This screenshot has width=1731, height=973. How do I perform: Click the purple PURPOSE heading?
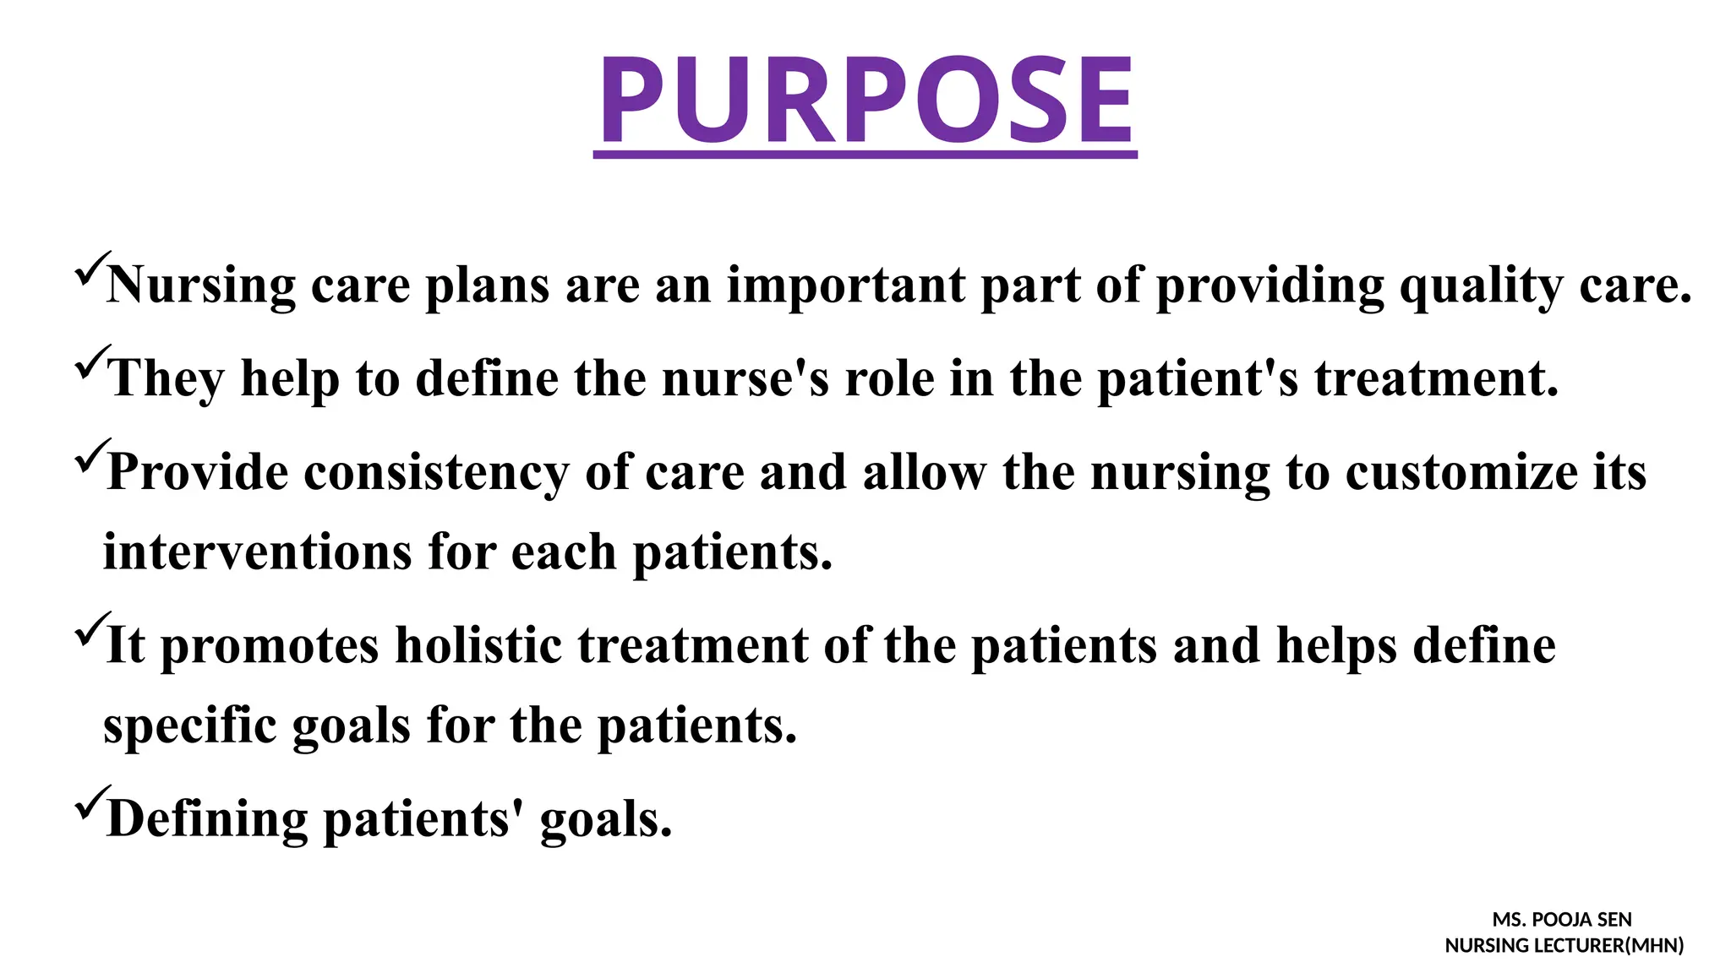pyautogui.click(x=865, y=100)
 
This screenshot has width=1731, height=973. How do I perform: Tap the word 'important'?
pyautogui.click(x=845, y=286)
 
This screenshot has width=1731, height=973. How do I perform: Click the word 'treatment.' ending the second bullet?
pyautogui.click(x=1436, y=378)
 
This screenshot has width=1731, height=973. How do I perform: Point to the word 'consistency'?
pyautogui.click(x=436, y=472)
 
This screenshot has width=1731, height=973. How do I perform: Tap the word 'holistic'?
pyautogui.click(x=478, y=646)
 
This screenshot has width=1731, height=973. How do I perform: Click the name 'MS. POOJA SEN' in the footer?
pyautogui.click(x=1562, y=920)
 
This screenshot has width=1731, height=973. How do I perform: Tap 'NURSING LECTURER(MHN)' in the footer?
pyautogui.click(x=1564, y=946)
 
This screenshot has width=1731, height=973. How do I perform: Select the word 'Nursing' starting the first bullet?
pyautogui.click(x=201, y=286)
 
